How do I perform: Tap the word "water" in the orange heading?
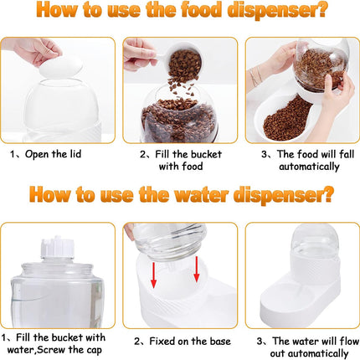coord(202,194)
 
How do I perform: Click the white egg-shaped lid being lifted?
coord(61,66)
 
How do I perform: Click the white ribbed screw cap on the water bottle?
coord(58,247)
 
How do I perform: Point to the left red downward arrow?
coord(153,275)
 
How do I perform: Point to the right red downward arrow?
coord(197,270)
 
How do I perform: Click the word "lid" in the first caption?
coord(75,154)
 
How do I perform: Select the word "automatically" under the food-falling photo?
coord(309,167)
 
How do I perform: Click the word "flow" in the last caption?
coord(349,341)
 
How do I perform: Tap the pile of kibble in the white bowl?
coord(286,119)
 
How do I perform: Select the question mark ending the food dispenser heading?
coord(321,10)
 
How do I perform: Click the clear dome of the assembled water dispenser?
coord(315,242)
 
